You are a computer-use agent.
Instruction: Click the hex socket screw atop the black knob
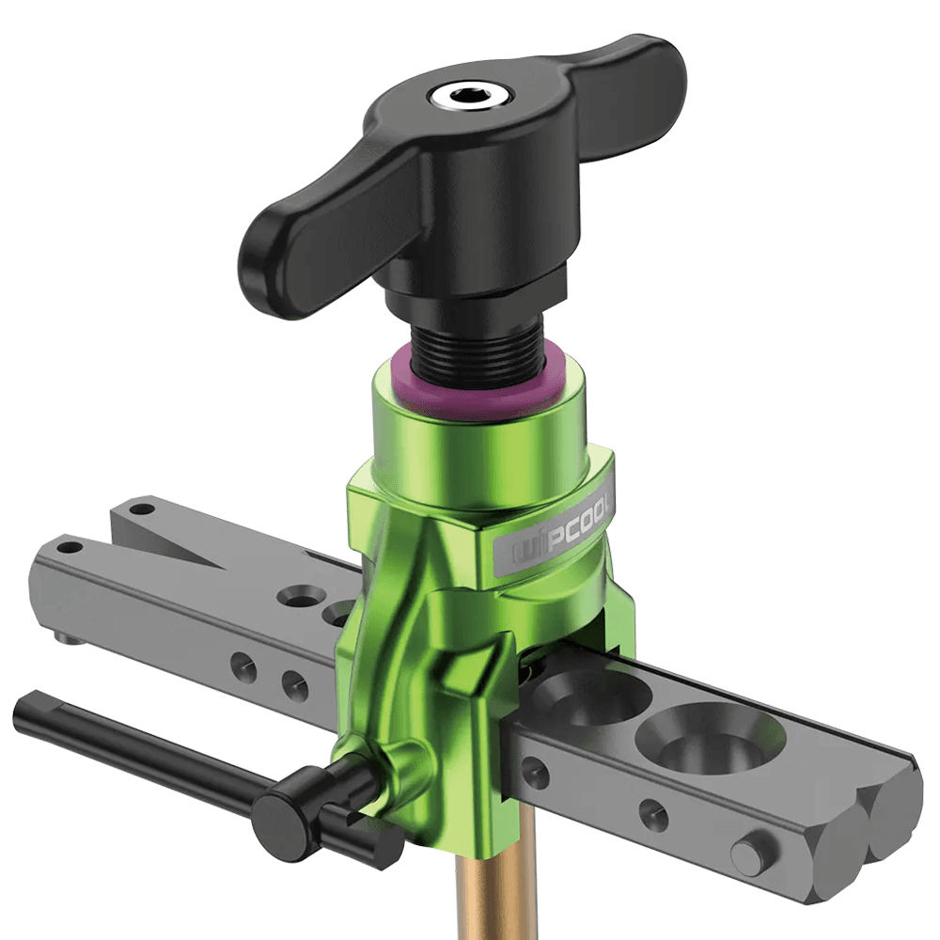point(469,96)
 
